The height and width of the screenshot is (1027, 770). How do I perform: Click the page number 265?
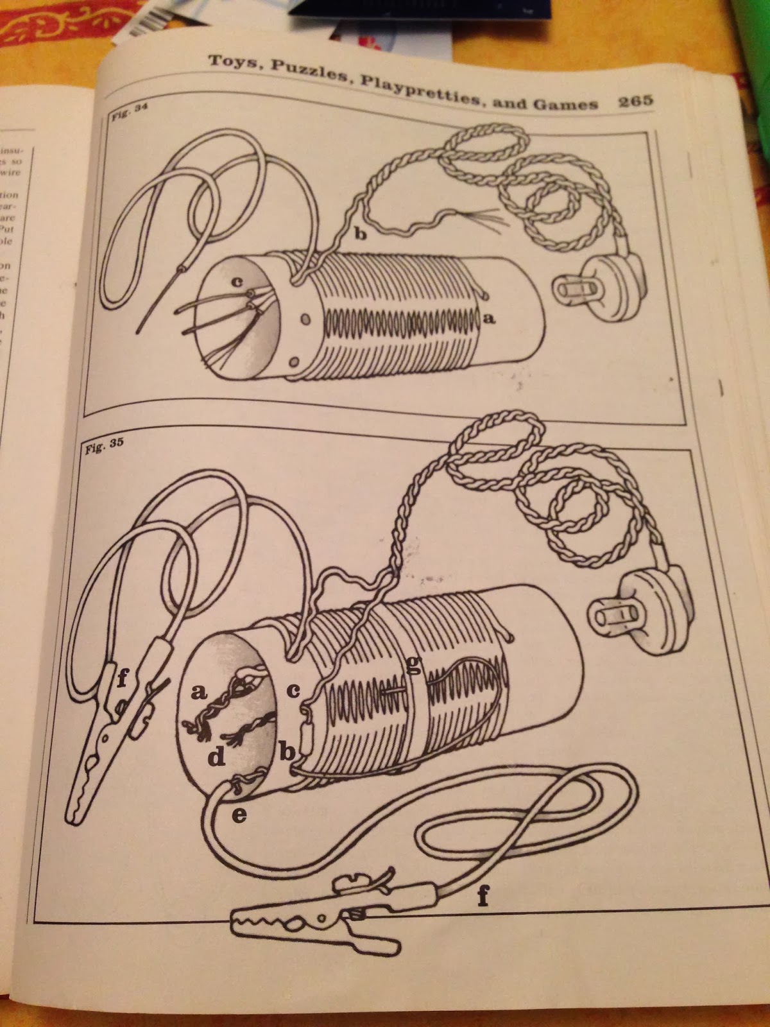tap(635, 101)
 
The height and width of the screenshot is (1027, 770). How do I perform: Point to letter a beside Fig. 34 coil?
tap(492, 317)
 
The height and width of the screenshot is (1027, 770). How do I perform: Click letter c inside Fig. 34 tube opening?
tap(237, 280)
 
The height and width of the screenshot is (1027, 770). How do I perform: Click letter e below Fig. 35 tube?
tap(238, 815)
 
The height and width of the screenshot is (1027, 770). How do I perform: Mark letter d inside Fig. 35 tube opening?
tap(216, 759)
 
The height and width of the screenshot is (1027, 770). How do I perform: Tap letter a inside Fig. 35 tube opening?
tap(199, 692)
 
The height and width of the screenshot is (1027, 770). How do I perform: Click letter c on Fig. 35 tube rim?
tap(294, 691)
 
